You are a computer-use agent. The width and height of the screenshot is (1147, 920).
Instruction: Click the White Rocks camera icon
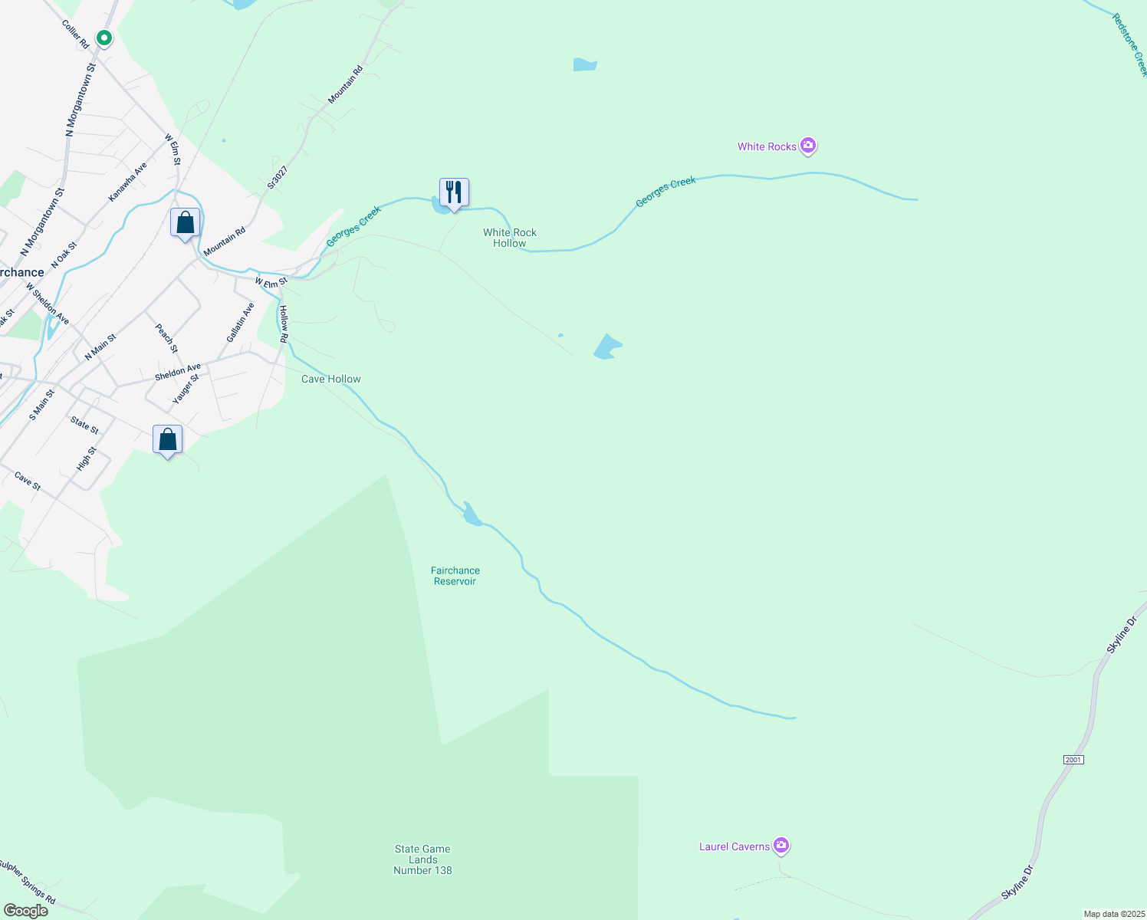click(807, 145)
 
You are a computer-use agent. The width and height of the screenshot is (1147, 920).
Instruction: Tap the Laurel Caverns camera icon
click(781, 845)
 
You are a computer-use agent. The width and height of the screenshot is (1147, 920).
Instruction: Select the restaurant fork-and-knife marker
click(454, 192)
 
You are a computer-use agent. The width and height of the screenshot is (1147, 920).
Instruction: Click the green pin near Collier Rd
click(104, 37)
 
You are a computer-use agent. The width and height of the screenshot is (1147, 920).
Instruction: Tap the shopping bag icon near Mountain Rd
click(185, 223)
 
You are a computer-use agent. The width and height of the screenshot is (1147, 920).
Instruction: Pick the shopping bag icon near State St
click(167, 440)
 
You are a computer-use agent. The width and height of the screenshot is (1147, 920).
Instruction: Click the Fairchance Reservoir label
click(455, 576)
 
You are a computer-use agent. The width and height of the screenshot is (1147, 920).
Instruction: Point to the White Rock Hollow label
click(510, 238)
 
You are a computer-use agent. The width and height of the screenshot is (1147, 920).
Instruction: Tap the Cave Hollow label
click(330, 379)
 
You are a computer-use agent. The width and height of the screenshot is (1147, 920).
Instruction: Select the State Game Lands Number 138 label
click(422, 859)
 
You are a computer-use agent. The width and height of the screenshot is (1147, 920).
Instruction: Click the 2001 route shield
click(1073, 760)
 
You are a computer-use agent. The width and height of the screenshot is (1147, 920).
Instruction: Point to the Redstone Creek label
click(1130, 44)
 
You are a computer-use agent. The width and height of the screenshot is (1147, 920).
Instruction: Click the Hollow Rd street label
click(284, 324)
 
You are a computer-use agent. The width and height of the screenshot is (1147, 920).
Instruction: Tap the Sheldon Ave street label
click(177, 372)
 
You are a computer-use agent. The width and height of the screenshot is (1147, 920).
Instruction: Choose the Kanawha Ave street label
click(127, 182)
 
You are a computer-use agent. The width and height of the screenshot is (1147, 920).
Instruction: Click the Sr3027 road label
click(277, 177)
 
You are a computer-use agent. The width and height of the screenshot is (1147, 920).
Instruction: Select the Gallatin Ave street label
click(240, 323)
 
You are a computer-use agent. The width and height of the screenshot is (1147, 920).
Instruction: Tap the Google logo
click(26, 911)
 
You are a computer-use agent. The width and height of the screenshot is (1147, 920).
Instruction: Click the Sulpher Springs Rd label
click(27, 882)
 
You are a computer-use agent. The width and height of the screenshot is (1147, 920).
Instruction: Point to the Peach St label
click(166, 338)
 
